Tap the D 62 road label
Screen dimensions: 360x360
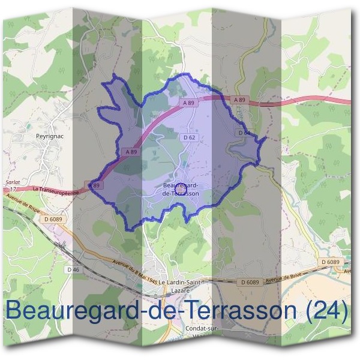pyautogui.click(x=189, y=137)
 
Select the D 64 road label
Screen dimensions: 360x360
pyautogui.click(x=243, y=132)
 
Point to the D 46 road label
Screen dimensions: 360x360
pyautogui.click(x=73, y=269)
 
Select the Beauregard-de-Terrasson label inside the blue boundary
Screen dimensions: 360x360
pyautogui.click(x=181, y=190)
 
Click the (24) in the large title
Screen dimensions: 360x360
pyautogui.click(x=326, y=311)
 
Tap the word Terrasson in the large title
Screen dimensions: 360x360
pyautogui.click(x=234, y=311)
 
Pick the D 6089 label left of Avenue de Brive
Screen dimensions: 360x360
pyautogui.click(x=250, y=282)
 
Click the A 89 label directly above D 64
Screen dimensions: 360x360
pyautogui.click(x=239, y=100)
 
